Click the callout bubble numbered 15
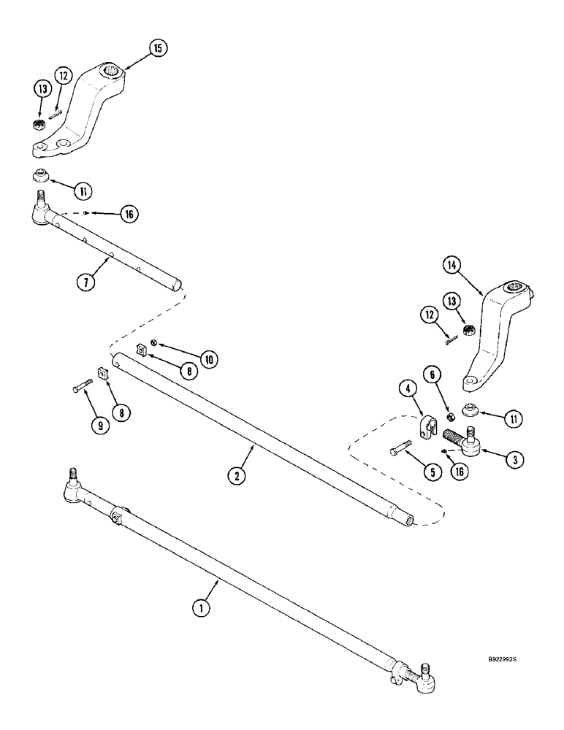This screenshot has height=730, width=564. coord(157,48)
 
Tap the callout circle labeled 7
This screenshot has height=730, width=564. coord(85,281)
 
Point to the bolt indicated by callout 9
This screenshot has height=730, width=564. coord(80,388)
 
